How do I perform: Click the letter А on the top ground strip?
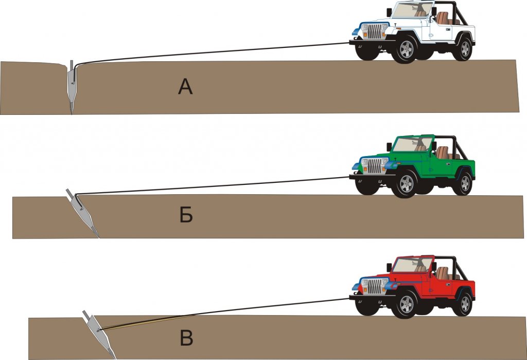click(x=185, y=87)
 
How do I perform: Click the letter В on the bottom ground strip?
click(x=186, y=338)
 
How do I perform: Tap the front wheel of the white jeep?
click(x=406, y=49)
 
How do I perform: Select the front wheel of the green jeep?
click(x=406, y=184)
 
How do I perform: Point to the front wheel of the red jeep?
click(x=406, y=304)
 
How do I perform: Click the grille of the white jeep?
click(x=375, y=31)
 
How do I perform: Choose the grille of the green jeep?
click(x=375, y=165)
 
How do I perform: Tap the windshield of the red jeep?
click(x=412, y=265)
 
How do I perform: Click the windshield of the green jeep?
click(x=412, y=144)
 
